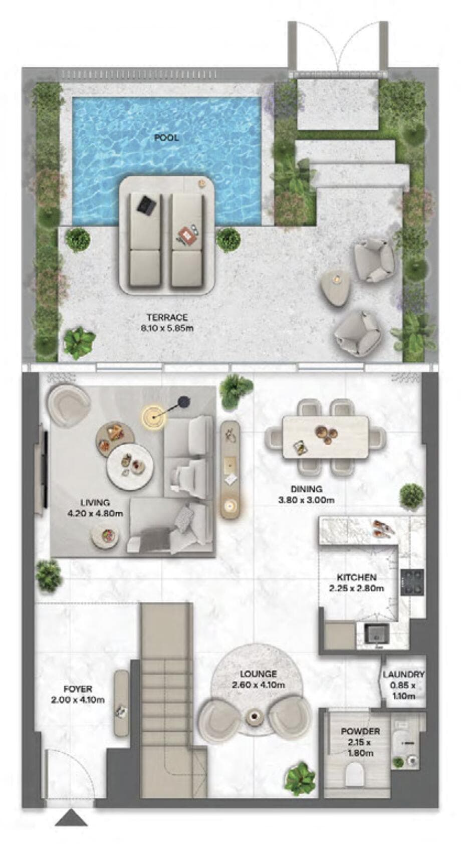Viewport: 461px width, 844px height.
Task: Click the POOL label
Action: [x=166, y=137]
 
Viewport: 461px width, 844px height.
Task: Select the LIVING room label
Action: [x=95, y=503]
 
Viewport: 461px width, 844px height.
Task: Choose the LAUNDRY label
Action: [x=403, y=675]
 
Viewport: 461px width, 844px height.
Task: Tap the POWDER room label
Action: [x=360, y=731]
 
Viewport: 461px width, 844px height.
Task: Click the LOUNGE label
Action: [x=258, y=674]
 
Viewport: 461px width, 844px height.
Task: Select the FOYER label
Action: [x=78, y=689]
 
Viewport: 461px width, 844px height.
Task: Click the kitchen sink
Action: [x=376, y=634]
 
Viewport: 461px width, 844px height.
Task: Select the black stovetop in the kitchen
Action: [x=412, y=581]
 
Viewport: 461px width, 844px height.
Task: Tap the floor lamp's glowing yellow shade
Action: [x=153, y=416]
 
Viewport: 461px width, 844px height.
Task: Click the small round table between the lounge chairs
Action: [x=254, y=717]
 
